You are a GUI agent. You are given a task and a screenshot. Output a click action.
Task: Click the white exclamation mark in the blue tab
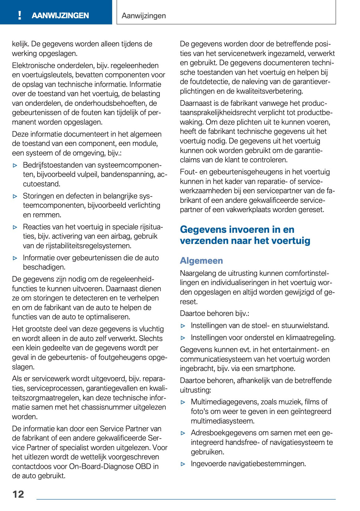[20, 15]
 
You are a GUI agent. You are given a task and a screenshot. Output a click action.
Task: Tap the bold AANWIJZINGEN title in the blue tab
[60, 15]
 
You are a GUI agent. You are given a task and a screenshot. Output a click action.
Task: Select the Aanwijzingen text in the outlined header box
[144, 15]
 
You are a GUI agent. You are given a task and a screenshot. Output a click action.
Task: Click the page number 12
[18, 494]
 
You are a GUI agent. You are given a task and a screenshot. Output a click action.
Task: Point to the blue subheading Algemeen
[201, 261]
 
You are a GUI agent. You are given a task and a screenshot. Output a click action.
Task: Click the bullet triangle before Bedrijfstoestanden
[15, 165]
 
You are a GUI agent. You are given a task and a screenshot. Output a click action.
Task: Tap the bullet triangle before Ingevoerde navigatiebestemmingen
[183, 464]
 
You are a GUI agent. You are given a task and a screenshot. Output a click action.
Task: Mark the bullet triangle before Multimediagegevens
[183, 402]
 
